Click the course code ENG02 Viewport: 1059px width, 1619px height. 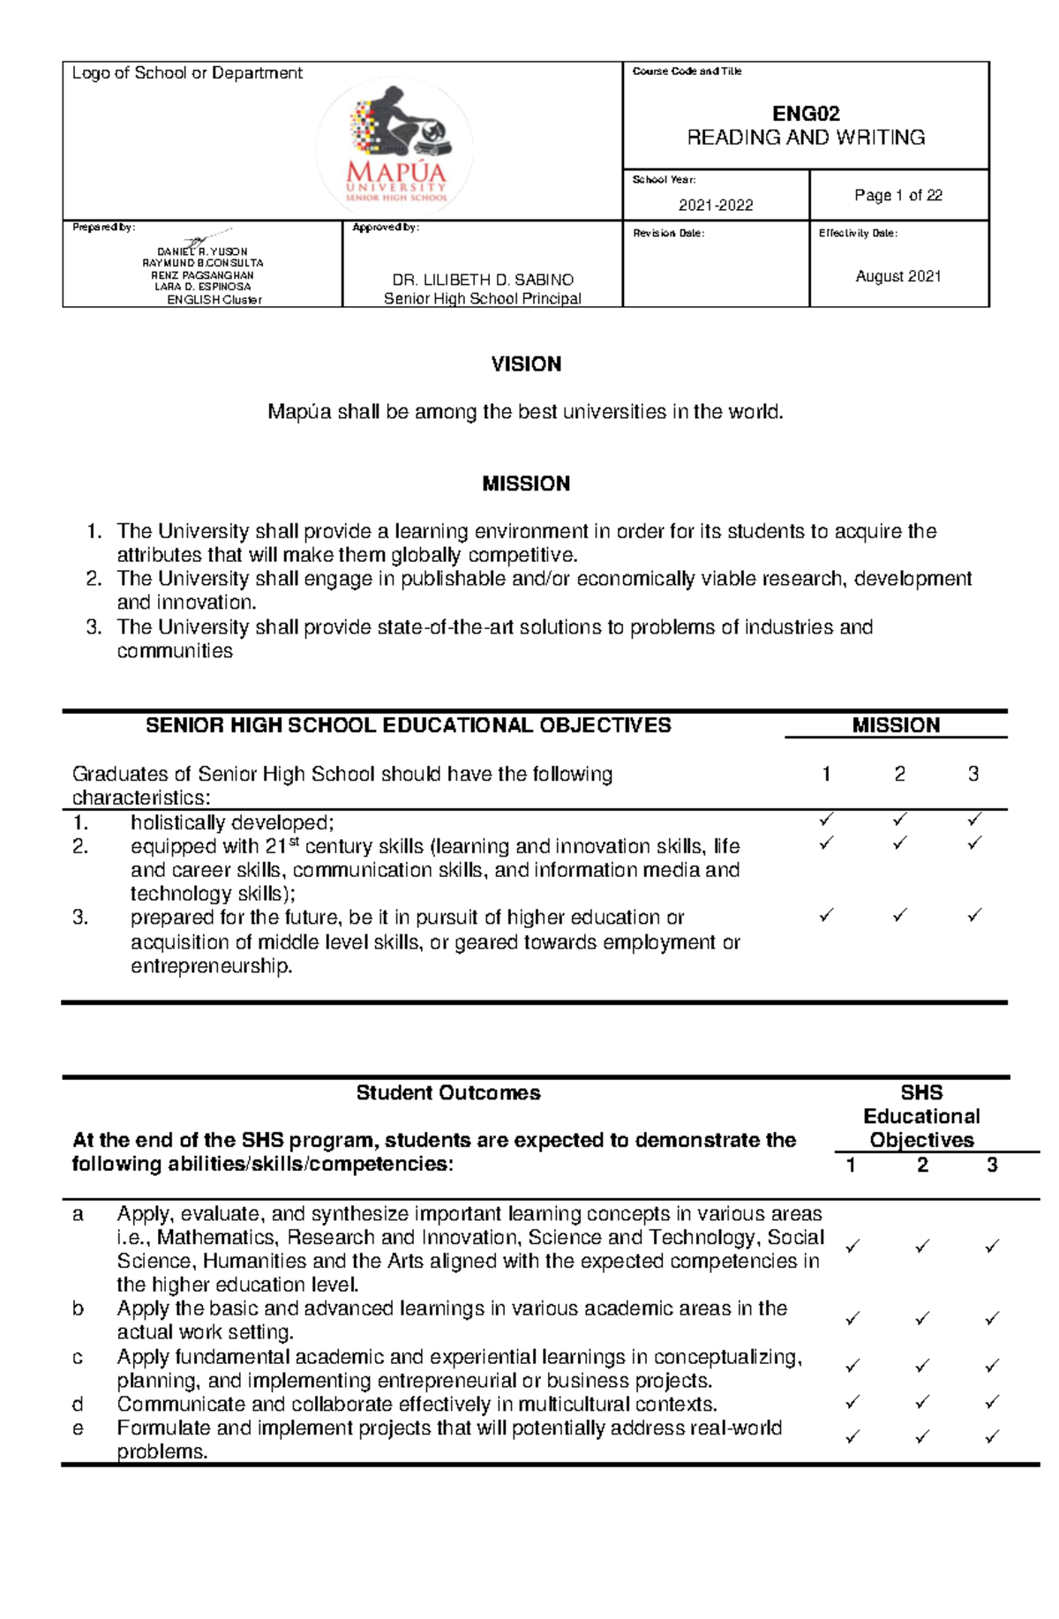pyautogui.click(x=805, y=114)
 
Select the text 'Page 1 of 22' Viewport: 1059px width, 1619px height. pyautogui.click(x=898, y=195)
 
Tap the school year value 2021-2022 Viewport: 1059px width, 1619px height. pyautogui.click(x=715, y=206)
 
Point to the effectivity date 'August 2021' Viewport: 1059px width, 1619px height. pyautogui.click(x=898, y=276)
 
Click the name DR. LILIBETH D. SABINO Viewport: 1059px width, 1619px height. pyautogui.click(x=483, y=280)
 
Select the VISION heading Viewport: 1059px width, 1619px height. pyautogui.click(x=526, y=364)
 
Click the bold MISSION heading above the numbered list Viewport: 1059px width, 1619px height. pyautogui.click(x=526, y=483)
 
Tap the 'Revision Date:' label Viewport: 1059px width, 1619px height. pyautogui.click(x=669, y=234)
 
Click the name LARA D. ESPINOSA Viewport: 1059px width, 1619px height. pyautogui.click(x=203, y=287)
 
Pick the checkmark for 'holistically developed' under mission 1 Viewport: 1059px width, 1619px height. pyautogui.click(x=826, y=821)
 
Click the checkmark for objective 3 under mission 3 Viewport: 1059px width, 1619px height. pyautogui.click(x=974, y=916)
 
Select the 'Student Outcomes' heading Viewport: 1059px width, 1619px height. pyautogui.click(x=448, y=1093)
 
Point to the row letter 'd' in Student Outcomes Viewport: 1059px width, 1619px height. pyautogui.click(x=78, y=1404)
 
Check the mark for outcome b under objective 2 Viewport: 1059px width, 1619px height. pyautogui.click(x=922, y=1319)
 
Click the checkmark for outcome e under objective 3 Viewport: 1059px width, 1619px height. pyautogui.click(x=992, y=1437)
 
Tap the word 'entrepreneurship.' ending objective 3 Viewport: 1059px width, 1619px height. pyautogui.click(x=212, y=966)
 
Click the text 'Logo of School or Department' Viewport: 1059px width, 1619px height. pyautogui.click(x=187, y=73)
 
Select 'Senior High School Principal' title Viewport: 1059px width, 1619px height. pyautogui.click(x=483, y=299)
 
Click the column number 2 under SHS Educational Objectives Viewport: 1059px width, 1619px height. pyautogui.click(x=922, y=1166)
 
